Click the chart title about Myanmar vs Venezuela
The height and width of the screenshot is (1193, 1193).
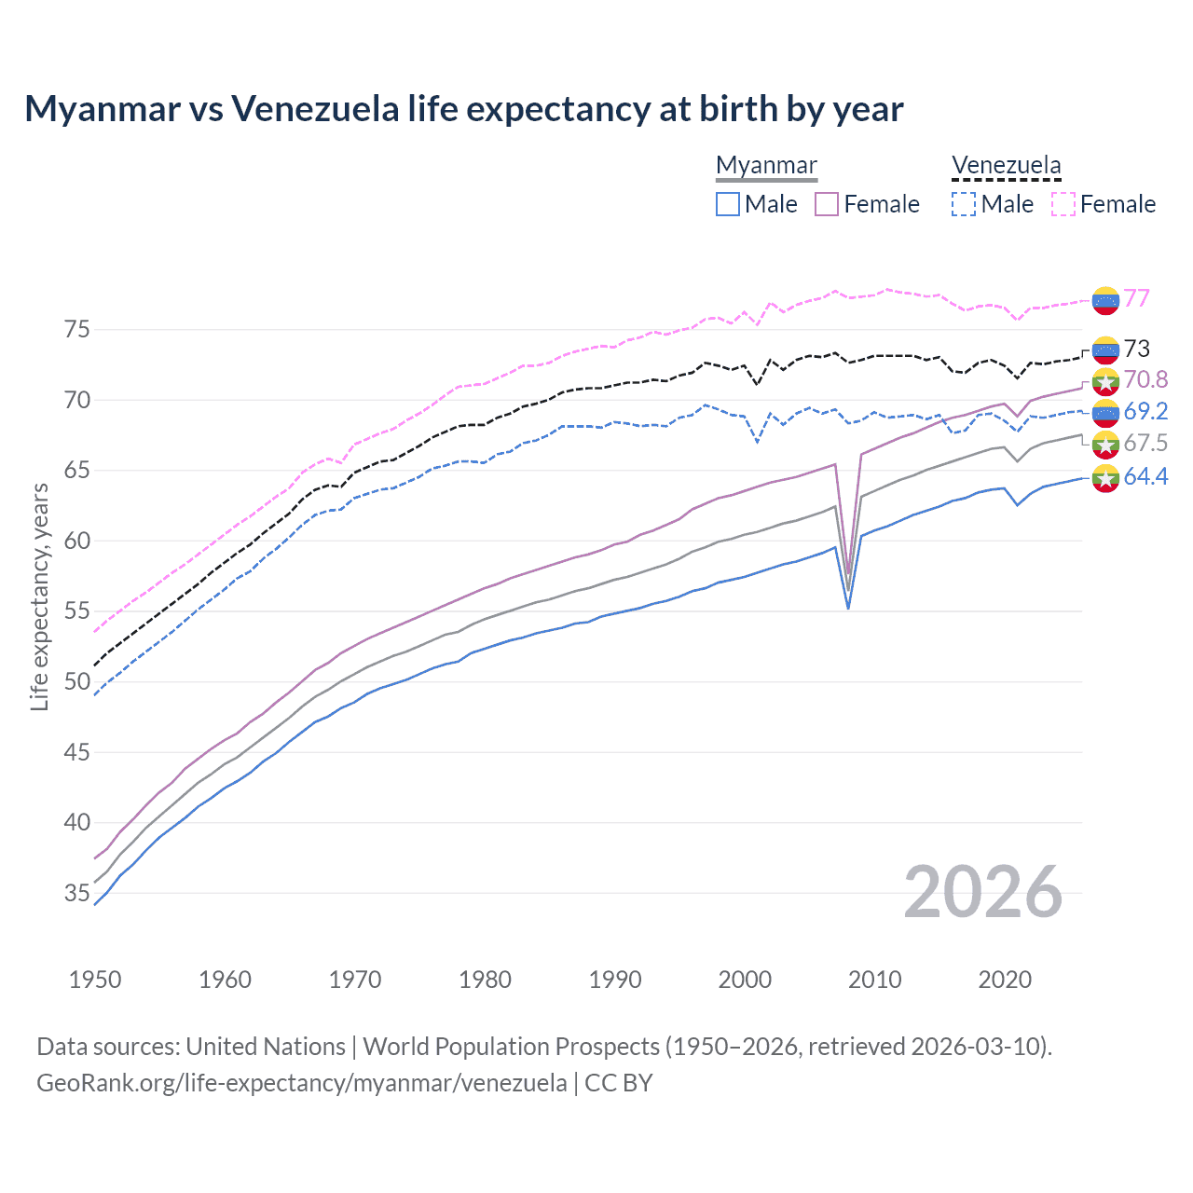[x=463, y=109]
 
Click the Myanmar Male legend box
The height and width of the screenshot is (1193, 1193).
[x=728, y=204]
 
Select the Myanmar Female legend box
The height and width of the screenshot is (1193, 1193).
[x=827, y=204]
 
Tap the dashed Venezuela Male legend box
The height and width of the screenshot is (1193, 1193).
[x=964, y=204]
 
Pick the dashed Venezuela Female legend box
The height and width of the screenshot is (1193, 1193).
[x=1063, y=204]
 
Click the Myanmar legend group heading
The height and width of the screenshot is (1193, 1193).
[x=766, y=166]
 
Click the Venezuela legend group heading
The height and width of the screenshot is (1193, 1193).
[x=1006, y=166]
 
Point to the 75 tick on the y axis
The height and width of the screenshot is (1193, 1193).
[x=76, y=330]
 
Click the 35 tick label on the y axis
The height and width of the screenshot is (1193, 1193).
[x=76, y=894]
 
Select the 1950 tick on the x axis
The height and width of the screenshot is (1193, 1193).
[x=95, y=980]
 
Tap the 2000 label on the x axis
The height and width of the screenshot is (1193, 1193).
[x=745, y=980]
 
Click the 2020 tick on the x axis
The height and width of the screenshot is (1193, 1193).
[x=1005, y=980]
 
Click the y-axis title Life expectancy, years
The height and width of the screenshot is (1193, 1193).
[x=39, y=597]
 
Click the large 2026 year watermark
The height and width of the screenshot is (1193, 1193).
[x=982, y=893]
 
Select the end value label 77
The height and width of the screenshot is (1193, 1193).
[x=1136, y=298]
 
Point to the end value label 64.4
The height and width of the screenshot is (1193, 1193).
[x=1145, y=477]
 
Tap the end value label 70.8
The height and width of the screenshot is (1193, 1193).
[x=1145, y=379]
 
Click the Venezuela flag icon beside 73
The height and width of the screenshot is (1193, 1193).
[x=1105, y=350]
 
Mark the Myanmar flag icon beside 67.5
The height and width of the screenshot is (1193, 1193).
[x=1105, y=444]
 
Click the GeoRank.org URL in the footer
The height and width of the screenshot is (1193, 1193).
[x=301, y=1083]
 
